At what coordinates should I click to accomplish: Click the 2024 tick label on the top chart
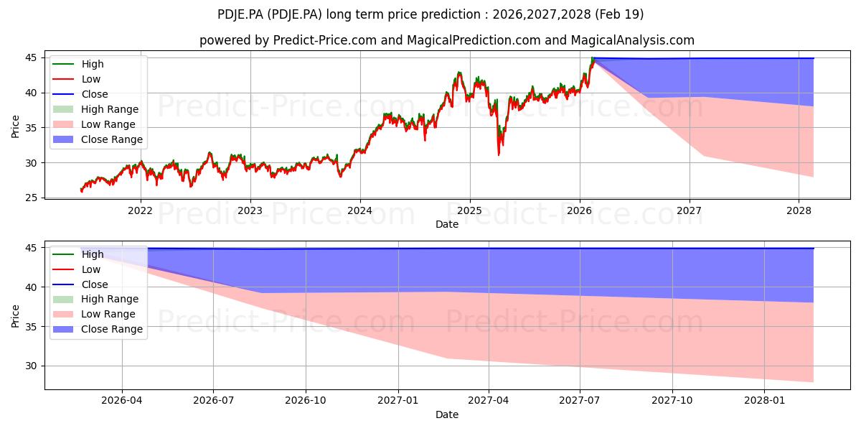[359, 211]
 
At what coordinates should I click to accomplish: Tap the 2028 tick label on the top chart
[799, 211]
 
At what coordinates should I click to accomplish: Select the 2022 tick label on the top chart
[141, 211]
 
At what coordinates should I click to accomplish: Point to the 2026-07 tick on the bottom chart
[213, 401]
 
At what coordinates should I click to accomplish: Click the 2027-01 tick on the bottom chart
[398, 401]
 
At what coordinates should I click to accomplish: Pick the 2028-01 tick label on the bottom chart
[764, 401]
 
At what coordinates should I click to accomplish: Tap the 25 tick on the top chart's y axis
[32, 198]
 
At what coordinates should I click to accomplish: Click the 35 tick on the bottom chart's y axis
[32, 327]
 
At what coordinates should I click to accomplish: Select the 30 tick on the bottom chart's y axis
[32, 366]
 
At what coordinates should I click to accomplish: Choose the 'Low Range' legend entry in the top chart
[94, 124]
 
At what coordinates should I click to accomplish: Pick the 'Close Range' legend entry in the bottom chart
[98, 329]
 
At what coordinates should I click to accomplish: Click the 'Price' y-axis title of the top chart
[15, 126]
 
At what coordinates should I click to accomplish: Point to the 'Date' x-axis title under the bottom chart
[447, 414]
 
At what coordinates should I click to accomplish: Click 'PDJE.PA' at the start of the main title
[240, 14]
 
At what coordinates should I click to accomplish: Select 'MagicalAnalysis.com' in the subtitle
[633, 40]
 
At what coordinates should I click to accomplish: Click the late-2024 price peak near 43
[458, 73]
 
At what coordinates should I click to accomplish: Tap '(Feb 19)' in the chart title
[619, 14]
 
